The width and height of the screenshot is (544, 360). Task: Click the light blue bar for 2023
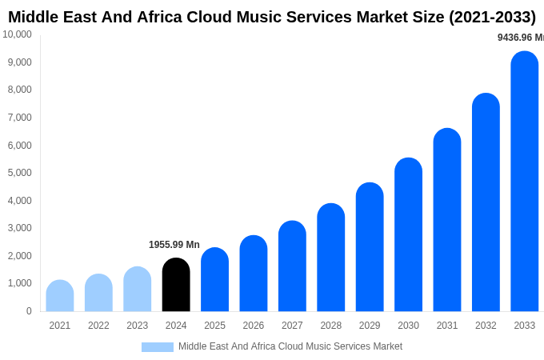138,290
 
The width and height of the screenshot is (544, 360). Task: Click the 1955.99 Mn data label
174,245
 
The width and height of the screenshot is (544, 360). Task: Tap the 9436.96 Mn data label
520,38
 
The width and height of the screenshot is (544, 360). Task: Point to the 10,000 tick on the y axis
18,34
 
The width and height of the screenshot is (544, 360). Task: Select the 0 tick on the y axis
29,311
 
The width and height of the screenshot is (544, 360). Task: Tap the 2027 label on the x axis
292,326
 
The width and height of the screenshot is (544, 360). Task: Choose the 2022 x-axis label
98,326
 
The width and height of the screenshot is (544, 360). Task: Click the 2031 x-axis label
447,326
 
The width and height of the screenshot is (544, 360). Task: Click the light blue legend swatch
158,347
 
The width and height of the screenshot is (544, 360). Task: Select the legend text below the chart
290,346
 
